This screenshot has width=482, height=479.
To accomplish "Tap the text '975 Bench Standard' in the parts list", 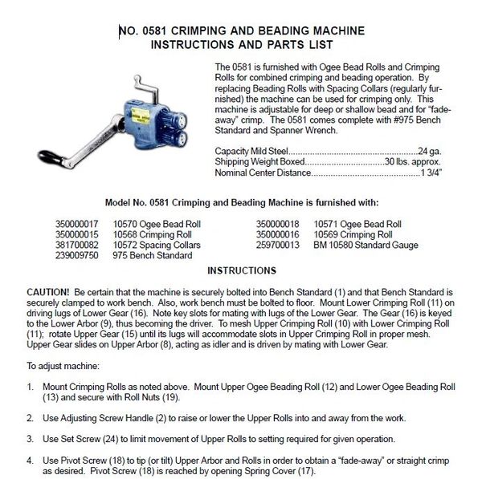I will pyautogui.click(x=153, y=255).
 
